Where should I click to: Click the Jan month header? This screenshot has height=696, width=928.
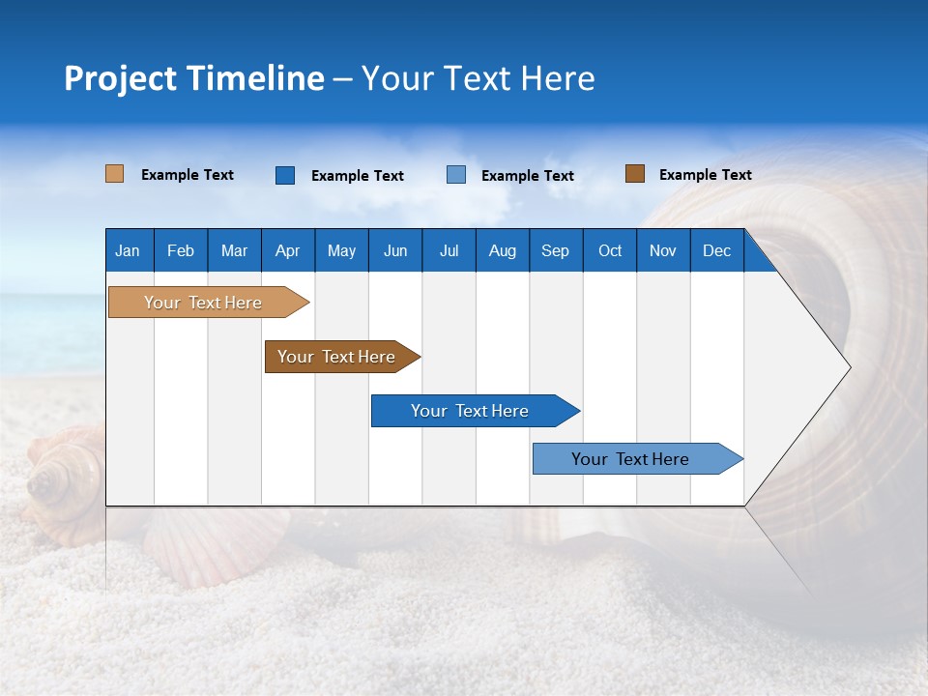129,250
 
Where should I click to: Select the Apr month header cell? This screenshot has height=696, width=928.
287,250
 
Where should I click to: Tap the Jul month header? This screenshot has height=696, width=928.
449,250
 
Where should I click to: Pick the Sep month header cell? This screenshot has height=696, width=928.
555,250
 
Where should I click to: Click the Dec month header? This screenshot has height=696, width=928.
716,250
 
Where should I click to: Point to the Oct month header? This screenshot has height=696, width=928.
609,250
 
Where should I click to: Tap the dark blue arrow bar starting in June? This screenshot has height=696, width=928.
471,411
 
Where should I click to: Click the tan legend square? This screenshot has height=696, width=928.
114,174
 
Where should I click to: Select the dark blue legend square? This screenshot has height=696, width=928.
284,175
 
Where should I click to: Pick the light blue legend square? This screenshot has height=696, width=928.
456,175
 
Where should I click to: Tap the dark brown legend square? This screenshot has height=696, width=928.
634,174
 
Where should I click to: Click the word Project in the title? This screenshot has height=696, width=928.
120,78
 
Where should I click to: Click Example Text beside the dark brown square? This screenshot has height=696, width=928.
705,175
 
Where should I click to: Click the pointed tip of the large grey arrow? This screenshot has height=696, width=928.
849,366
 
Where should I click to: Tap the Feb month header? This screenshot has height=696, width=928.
181,250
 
